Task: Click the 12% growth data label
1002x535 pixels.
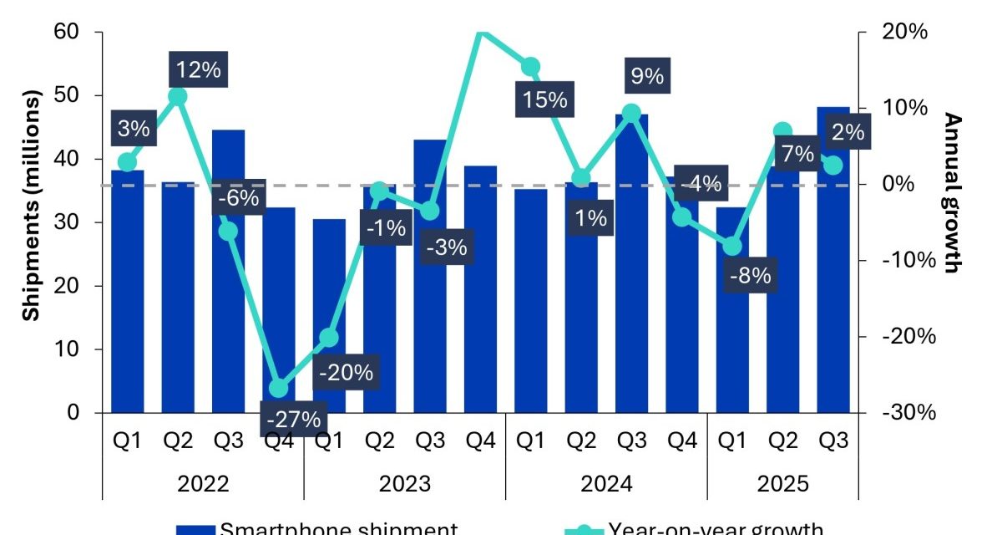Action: (x=198, y=69)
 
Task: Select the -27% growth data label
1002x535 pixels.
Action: (x=292, y=419)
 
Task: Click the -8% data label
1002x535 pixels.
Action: (x=749, y=275)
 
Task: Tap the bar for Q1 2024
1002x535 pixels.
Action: (x=530, y=301)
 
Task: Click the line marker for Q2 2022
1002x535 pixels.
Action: (x=177, y=96)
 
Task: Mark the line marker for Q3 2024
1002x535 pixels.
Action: (x=631, y=113)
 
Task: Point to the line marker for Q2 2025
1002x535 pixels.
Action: (x=782, y=131)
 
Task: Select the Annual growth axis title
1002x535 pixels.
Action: (x=953, y=193)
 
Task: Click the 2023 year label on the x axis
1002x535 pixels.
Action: (x=404, y=484)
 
